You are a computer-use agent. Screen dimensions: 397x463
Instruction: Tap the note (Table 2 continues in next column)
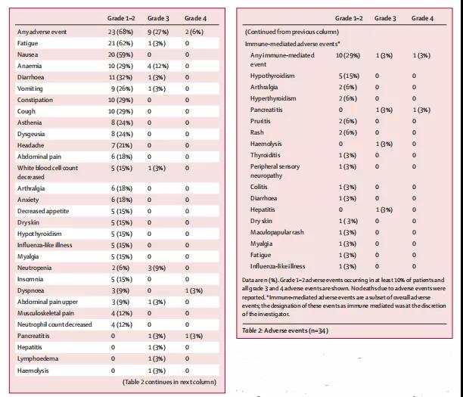168,383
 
